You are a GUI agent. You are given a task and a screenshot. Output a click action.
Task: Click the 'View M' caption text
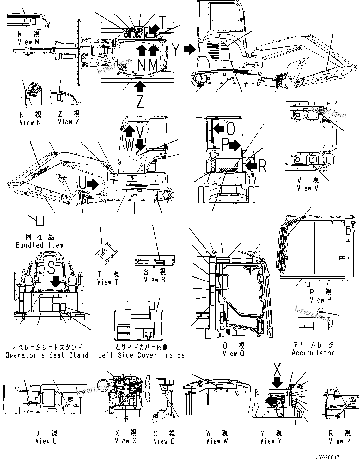[x=29, y=42]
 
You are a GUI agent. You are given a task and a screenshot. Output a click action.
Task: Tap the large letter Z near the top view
[x=140, y=101]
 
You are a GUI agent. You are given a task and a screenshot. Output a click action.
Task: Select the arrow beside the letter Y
[x=190, y=49]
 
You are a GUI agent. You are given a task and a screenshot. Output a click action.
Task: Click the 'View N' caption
[x=30, y=122]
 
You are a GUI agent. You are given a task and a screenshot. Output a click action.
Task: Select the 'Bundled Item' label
[x=40, y=245]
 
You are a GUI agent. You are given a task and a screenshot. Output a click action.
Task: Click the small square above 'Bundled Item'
[x=40, y=221]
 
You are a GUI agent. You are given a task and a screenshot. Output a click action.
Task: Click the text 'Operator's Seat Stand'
[x=47, y=355]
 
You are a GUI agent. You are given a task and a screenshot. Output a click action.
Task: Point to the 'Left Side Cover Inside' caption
[x=141, y=355]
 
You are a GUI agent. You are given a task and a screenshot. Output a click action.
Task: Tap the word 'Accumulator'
[x=313, y=353]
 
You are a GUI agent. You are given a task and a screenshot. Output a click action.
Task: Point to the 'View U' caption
[x=46, y=441]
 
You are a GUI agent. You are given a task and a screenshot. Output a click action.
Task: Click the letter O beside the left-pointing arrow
[x=231, y=128]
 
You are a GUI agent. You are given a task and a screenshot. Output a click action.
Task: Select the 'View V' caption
[x=308, y=188]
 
